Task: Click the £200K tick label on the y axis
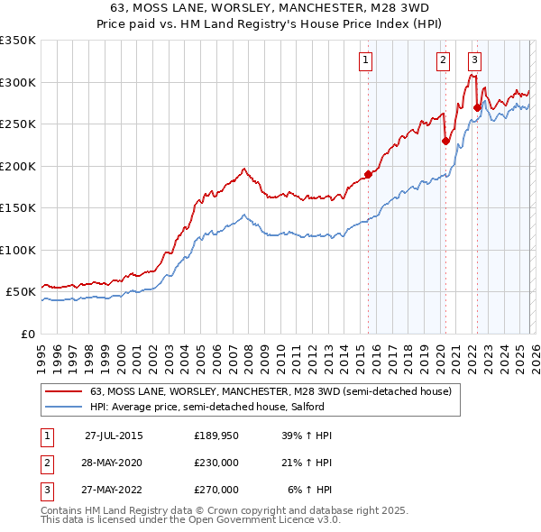point(17,166)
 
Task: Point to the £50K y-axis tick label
point(20,292)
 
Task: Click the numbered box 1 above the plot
point(366,60)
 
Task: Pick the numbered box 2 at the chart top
point(444,60)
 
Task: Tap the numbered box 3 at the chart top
point(475,60)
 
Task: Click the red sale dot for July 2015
point(368,174)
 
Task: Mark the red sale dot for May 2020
point(445,141)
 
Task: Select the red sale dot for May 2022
point(477,107)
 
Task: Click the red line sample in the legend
point(64,391)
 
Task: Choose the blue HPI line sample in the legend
point(64,407)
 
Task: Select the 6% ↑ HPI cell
point(310,490)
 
